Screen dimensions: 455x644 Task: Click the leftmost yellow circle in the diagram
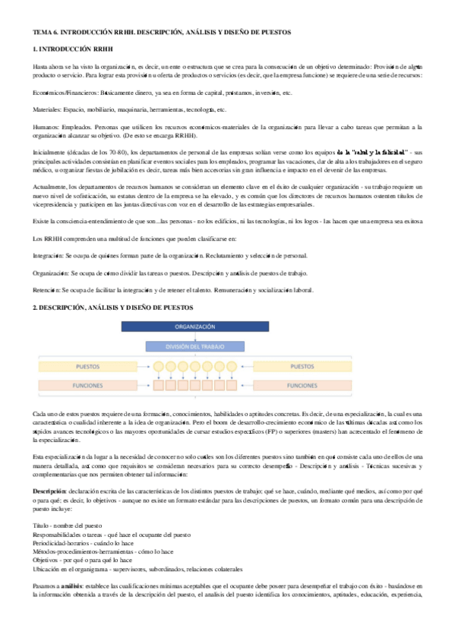160,367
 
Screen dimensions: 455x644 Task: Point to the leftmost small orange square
160,386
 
